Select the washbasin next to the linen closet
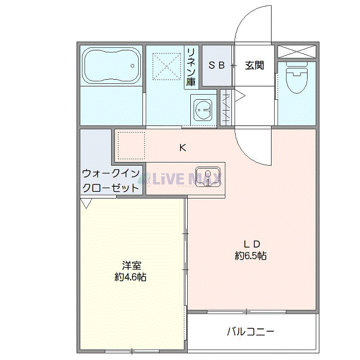point(203,109)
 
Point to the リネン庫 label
point(191,66)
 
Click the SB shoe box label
point(217,66)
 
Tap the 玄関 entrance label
point(254,66)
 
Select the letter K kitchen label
point(182,148)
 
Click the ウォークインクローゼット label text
point(111,180)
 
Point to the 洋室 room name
point(132,265)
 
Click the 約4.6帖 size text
point(131,277)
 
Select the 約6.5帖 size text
point(250,255)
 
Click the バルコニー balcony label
point(250,331)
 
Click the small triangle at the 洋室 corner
point(86,204)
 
